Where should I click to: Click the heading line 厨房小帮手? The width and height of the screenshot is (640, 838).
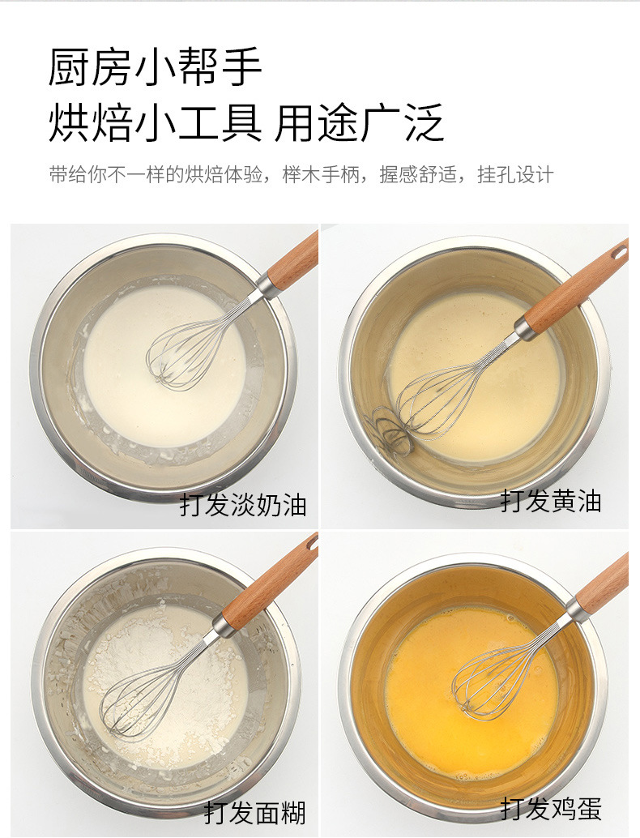155,66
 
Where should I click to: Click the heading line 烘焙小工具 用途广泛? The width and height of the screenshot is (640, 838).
246,123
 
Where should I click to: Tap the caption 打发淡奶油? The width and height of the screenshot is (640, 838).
243,505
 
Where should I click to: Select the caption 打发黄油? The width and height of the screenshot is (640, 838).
551,502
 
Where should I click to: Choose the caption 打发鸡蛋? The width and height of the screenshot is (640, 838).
551,808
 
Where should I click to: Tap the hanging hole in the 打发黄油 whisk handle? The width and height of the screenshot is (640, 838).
621,251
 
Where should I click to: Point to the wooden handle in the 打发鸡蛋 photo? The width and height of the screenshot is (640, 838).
604,584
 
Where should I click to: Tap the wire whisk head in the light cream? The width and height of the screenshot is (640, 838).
190,348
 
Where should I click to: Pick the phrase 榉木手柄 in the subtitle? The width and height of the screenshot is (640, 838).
321,175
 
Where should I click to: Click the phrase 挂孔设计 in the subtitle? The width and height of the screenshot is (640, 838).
515,175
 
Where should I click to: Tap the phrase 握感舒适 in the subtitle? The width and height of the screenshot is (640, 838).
418,175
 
